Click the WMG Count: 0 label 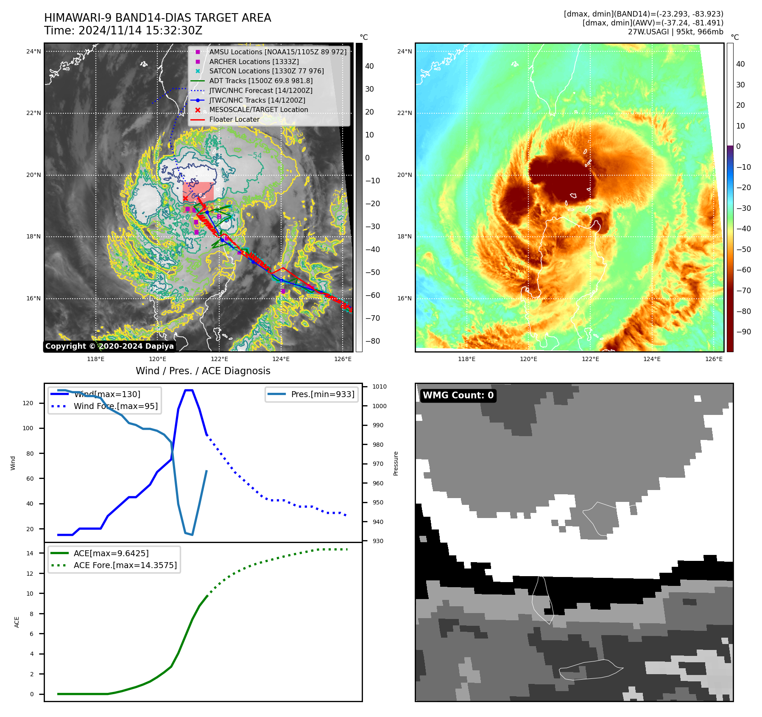458,395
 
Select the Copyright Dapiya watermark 109,346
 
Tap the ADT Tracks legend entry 261,81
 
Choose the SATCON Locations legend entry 266,71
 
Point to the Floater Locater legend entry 234,119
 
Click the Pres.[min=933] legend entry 322,394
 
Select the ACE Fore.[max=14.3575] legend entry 125,565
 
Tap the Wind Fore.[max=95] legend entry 115,406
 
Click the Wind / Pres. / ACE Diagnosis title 203,371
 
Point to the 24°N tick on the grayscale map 34,52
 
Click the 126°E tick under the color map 714,359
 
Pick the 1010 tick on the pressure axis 380,387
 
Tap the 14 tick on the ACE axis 30,553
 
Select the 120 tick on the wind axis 28,403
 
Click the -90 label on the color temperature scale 743,332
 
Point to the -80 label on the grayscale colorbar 373,341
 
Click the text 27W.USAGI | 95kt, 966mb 675,32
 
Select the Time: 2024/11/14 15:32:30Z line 123,31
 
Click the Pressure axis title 396,463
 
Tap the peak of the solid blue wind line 189,390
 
